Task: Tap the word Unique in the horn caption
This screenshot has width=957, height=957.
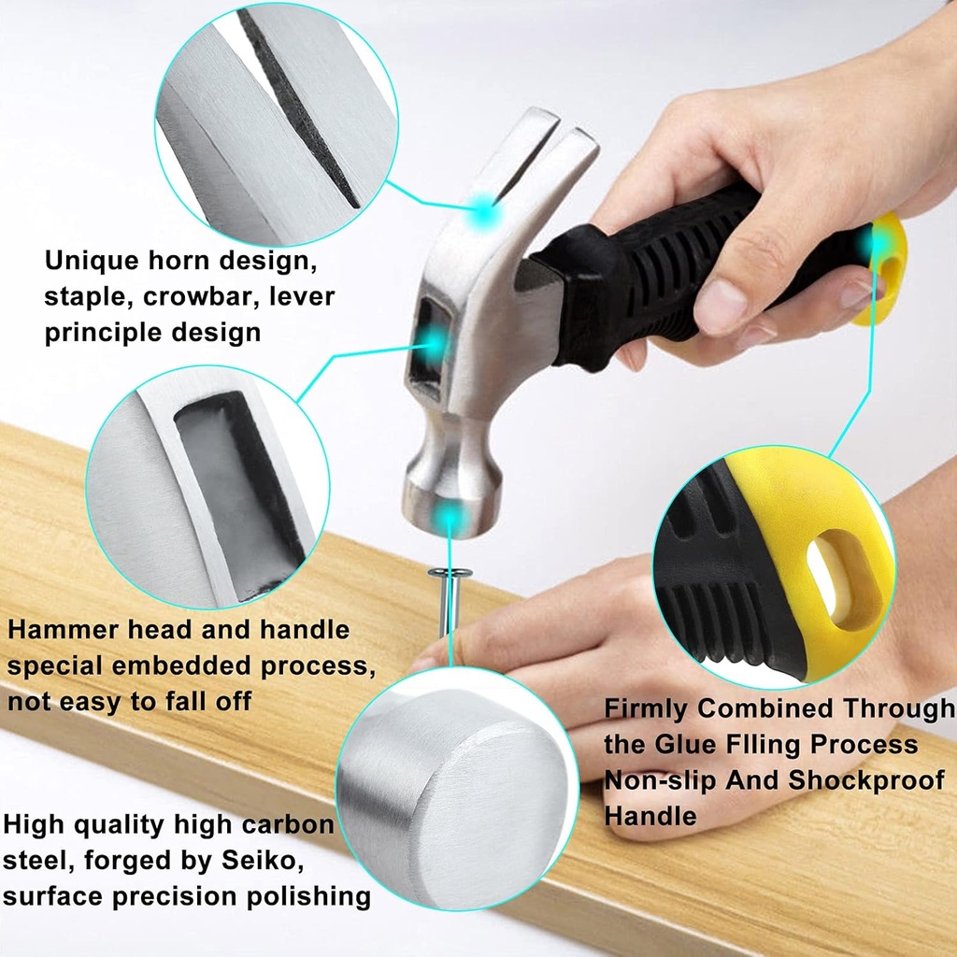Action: click(x=92, y=261)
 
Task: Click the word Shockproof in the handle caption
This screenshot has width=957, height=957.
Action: click(x=866, y=780)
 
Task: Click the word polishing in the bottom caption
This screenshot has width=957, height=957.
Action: click(x=308, y=896)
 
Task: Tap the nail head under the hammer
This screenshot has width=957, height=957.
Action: click(x=450, y=573)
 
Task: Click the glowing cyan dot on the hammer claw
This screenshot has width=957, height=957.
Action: click(x=484, y=210)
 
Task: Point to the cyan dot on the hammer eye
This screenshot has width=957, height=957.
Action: click(x=434, y=344)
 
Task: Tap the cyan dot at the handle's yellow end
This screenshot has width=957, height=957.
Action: click(x=874, y=244)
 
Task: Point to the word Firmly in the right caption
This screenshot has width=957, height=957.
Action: click(x=646, y=709)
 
